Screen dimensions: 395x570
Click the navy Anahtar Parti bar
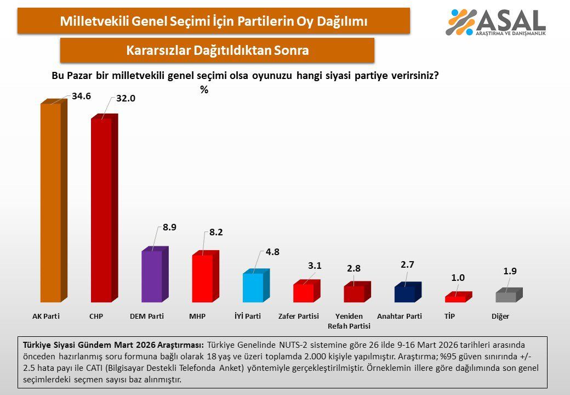click(404, 294)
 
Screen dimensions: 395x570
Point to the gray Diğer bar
click(505, 297)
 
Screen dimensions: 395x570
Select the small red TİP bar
click(455, 299)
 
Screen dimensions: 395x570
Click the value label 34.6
click(81, 96)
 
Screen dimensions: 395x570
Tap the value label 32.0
click(126, 99)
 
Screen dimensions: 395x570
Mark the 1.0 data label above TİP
click(458, 278)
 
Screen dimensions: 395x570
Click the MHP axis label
click(197, 317)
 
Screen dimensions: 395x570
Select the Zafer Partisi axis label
click(299, 317)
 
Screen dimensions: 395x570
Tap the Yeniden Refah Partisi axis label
click(349, 321)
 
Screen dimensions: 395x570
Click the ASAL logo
click(496, 22)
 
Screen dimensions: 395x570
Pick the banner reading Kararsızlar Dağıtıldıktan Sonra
click(217, 50)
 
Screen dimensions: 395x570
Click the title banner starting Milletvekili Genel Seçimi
click(213, 21)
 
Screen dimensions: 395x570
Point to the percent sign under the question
click(204, 90)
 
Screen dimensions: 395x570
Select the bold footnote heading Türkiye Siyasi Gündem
click(113, 345)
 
